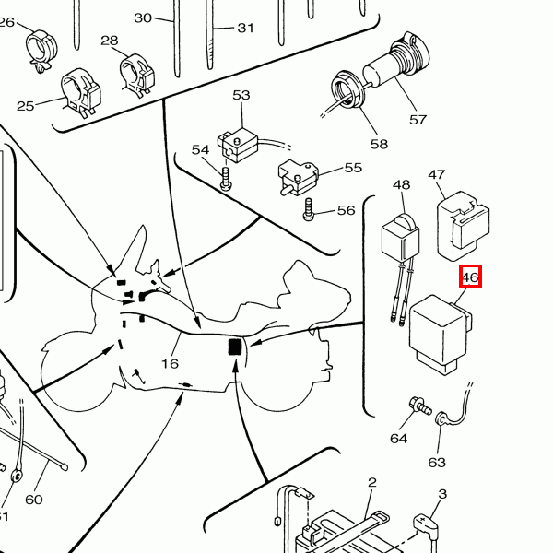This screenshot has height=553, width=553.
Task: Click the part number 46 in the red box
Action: pos(470,276)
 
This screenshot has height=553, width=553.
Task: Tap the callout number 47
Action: pos(437,175)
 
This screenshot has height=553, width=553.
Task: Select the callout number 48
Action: pos(401,186)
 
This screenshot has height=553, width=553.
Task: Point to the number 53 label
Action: pos(241,96)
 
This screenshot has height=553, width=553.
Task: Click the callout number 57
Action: pos(418,120)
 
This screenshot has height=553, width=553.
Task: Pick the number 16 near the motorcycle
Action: pos(170,363)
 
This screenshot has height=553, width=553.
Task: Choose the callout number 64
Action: pos(398,438)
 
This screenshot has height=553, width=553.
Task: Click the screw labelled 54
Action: pos(225,175)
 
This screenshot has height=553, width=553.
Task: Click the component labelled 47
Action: pos(462,223)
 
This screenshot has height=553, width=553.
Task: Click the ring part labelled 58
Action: pos(345,92)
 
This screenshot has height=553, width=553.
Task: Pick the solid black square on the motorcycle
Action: pos(234,347)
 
